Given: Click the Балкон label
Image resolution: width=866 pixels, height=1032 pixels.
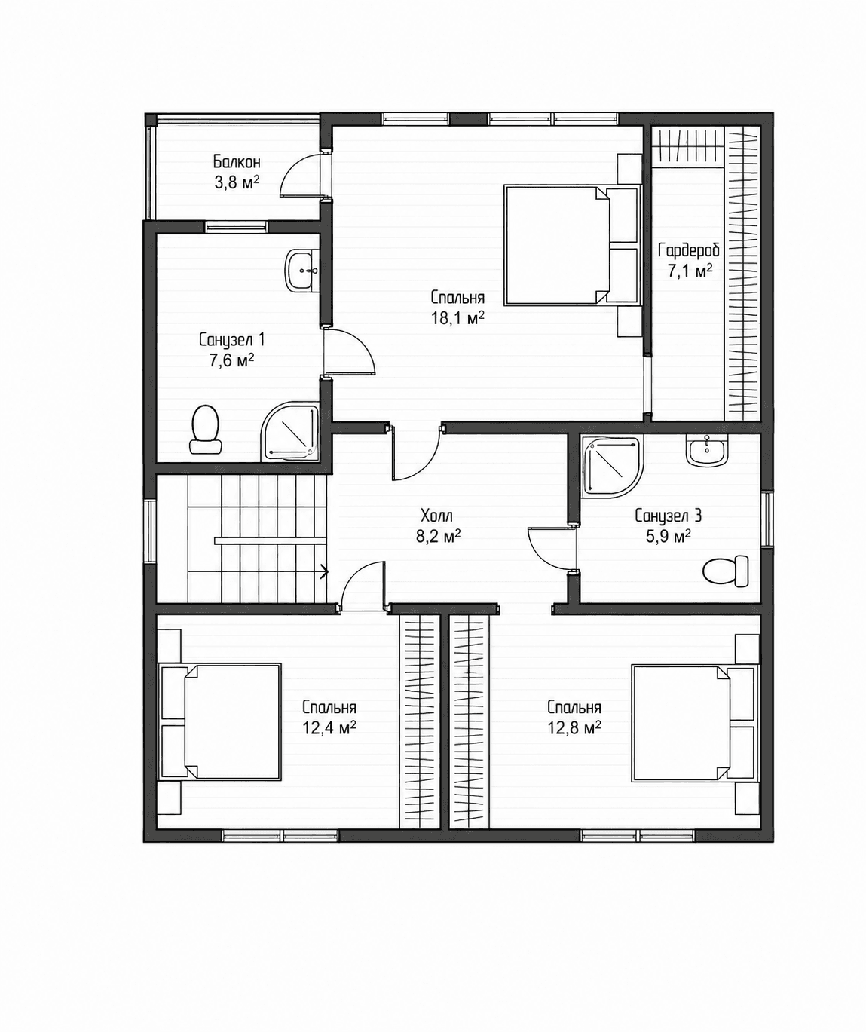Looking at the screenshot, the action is [237, 161].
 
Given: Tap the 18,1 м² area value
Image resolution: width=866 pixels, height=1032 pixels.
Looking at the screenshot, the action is [457, 318].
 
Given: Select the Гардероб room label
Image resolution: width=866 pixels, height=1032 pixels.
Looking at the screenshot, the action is [689, 250].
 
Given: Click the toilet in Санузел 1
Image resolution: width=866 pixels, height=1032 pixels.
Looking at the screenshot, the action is [206, 430].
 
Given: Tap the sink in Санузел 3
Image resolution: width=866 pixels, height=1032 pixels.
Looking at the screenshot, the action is [708, 450].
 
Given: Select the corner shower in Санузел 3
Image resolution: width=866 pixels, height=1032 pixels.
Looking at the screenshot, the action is [612, 464].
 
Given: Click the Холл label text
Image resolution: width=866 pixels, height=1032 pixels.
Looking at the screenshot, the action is [436, 516].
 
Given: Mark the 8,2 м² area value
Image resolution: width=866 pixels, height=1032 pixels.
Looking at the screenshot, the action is [438, 536].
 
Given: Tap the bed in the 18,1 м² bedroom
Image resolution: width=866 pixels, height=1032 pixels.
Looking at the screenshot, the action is [572, 245].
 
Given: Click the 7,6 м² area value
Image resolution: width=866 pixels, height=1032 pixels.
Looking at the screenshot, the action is [231, 360].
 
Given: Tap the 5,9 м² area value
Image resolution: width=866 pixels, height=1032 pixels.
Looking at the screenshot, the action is [669, 536].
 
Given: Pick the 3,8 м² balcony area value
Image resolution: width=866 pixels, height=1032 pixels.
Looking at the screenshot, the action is [237, 182].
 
